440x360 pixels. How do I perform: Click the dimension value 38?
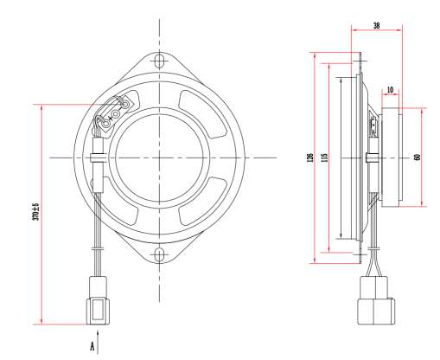click(x=376, y=26)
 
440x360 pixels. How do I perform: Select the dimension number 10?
click(x=390, y=90)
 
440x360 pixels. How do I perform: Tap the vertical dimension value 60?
click(x=417, y=157)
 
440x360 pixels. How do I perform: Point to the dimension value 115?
click(x=324, y=157)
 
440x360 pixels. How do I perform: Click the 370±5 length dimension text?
click(x=35, y=212)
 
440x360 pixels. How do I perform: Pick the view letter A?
click(x=92, y=346)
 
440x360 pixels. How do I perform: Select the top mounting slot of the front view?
click(x=159, y=60)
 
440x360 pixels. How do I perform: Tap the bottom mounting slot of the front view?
click(x=159, y=254)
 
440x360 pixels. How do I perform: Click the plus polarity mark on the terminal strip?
click(x=111, y=119)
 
